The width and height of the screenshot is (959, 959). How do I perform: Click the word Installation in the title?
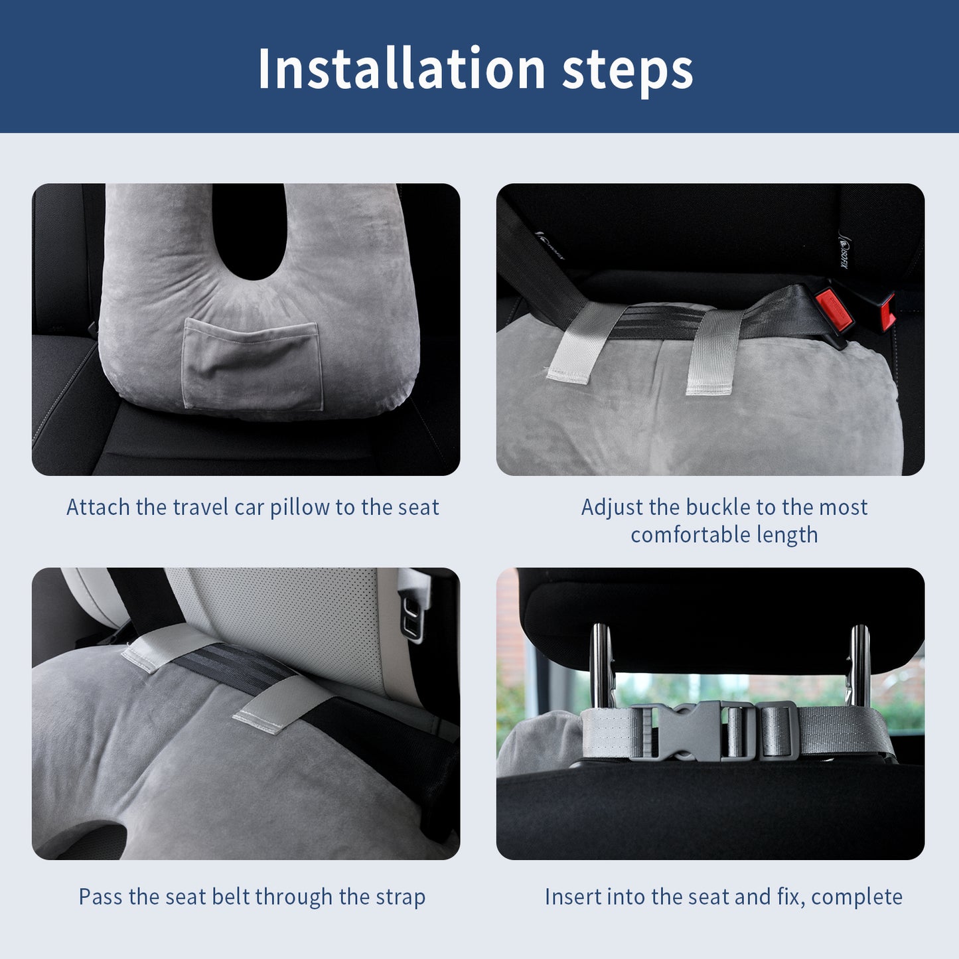(401, 69)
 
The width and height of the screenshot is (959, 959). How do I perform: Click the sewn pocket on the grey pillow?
(252, 366)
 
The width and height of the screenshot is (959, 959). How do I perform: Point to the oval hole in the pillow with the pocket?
(250, 229)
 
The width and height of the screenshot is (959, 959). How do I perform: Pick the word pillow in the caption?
(299, 508)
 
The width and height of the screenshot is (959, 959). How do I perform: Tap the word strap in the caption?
(400, 897)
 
